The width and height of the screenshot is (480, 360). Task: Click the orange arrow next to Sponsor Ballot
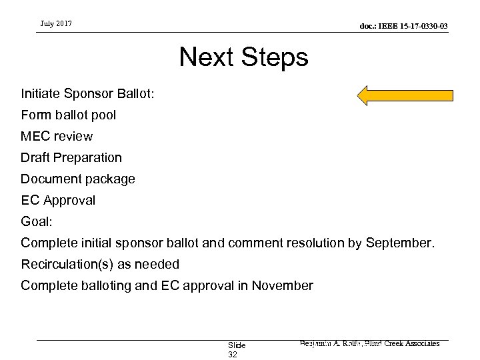405,95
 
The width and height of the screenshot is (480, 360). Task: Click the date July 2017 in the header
55,25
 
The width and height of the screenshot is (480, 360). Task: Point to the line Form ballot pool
68,115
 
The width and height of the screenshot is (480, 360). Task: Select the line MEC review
57,136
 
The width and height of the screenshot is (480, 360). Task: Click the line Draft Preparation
71,158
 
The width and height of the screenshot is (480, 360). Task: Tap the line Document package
78,179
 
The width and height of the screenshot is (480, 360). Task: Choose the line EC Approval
58,200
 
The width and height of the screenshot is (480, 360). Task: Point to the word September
400,243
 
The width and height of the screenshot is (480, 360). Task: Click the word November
281,286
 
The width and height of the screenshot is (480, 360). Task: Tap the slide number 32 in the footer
233,355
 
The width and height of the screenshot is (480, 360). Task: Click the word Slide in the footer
237,345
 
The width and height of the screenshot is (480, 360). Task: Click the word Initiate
41,94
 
